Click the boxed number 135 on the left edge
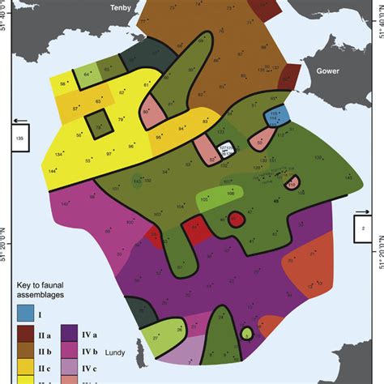(x=16, y=137)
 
